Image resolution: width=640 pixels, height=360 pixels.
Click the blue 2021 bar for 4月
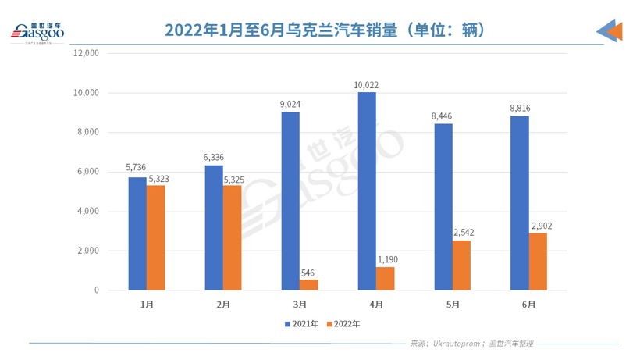[367, 191]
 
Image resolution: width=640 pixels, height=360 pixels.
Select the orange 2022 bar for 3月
[308, 285]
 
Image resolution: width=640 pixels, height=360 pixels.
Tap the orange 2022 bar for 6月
[538, 262]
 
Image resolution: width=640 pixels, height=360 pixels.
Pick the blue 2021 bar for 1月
[137, 233]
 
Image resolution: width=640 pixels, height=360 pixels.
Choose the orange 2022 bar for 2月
[232, 237]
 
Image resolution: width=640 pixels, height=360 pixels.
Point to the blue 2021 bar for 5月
[443, 207]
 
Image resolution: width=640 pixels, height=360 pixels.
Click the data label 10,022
[367, 84]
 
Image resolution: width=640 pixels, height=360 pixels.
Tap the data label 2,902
[539, 225]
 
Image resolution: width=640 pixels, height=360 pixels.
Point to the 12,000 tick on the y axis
[86, 53]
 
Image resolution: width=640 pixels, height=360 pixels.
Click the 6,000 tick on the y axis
[88, 172]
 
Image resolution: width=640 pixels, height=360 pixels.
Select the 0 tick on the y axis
[97, 290]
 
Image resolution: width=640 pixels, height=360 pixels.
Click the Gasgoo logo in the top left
[36, 31]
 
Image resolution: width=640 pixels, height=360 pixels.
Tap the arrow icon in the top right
[610, 30]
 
